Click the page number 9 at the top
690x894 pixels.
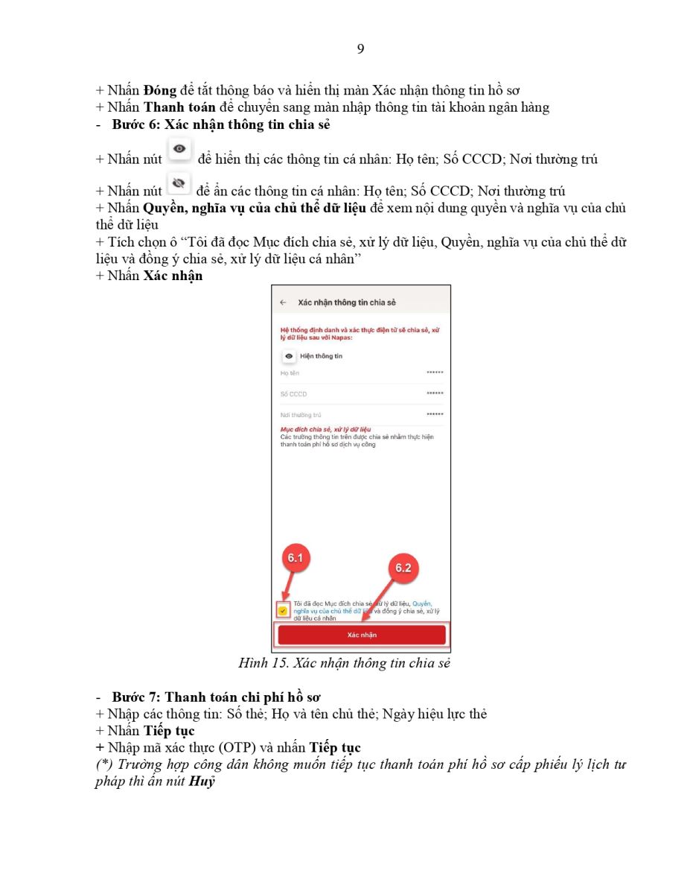tap(360, 49)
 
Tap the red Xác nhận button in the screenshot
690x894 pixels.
tap(362, 635)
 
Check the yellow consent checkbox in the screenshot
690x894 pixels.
tap(284, 610)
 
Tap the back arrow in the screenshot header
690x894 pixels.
tap(283, 302)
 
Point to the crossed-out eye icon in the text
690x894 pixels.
tap(179, 183)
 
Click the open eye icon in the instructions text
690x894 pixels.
tap(179, 149)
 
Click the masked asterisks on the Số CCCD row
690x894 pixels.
tap(435, 393)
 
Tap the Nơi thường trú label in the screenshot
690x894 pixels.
tap(296, 414)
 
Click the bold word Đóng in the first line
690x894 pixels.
tap(160, 91)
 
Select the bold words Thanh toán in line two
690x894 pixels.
tap(175, 107)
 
